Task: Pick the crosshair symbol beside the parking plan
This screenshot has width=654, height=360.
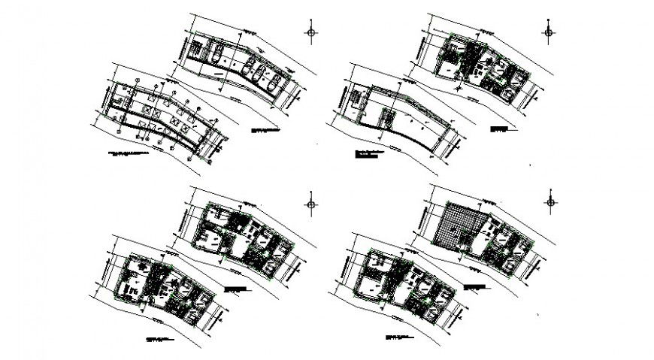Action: click(313, 32)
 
